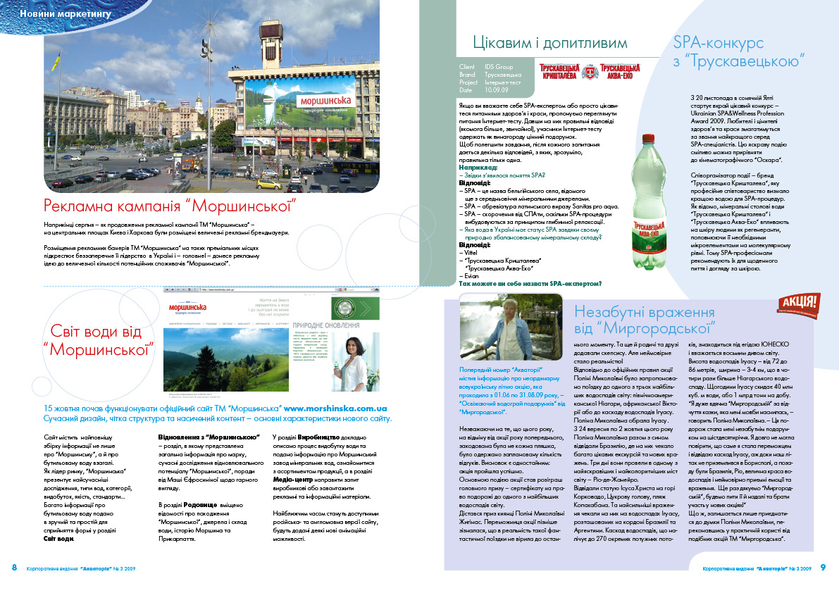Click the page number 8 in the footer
pos(13,568)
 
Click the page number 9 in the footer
pos(822,568)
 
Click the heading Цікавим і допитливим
pos(549,44)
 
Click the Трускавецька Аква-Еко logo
pos(619,71)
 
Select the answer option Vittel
pos(468,251)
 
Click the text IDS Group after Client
pos(499,67)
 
